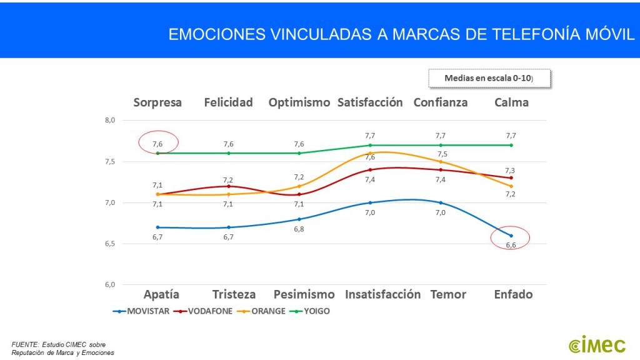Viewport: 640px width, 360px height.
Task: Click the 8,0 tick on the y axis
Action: click(x=109, y=121)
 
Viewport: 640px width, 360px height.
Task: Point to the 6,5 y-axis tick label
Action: click(x=109, y=244)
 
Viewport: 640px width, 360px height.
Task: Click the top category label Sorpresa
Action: click(x=157, y=102)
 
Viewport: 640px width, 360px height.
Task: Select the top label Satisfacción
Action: click(x=370, y=102)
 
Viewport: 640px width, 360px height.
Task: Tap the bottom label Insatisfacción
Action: click(x=382, y=294)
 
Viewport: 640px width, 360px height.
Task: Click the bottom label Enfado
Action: click(x=513, y=294)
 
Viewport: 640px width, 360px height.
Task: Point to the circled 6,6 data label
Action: click(x=511, y=245)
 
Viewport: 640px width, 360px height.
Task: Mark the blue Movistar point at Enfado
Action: click(x=511, y=236)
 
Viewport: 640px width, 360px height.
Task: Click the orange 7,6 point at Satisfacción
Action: click(x=370, y=153)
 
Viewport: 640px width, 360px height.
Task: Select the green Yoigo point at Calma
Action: click(x=511, y=145)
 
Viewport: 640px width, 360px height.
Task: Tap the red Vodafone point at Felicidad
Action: click(x=228, y=186)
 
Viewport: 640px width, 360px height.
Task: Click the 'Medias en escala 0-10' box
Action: click(x=489, y=78)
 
